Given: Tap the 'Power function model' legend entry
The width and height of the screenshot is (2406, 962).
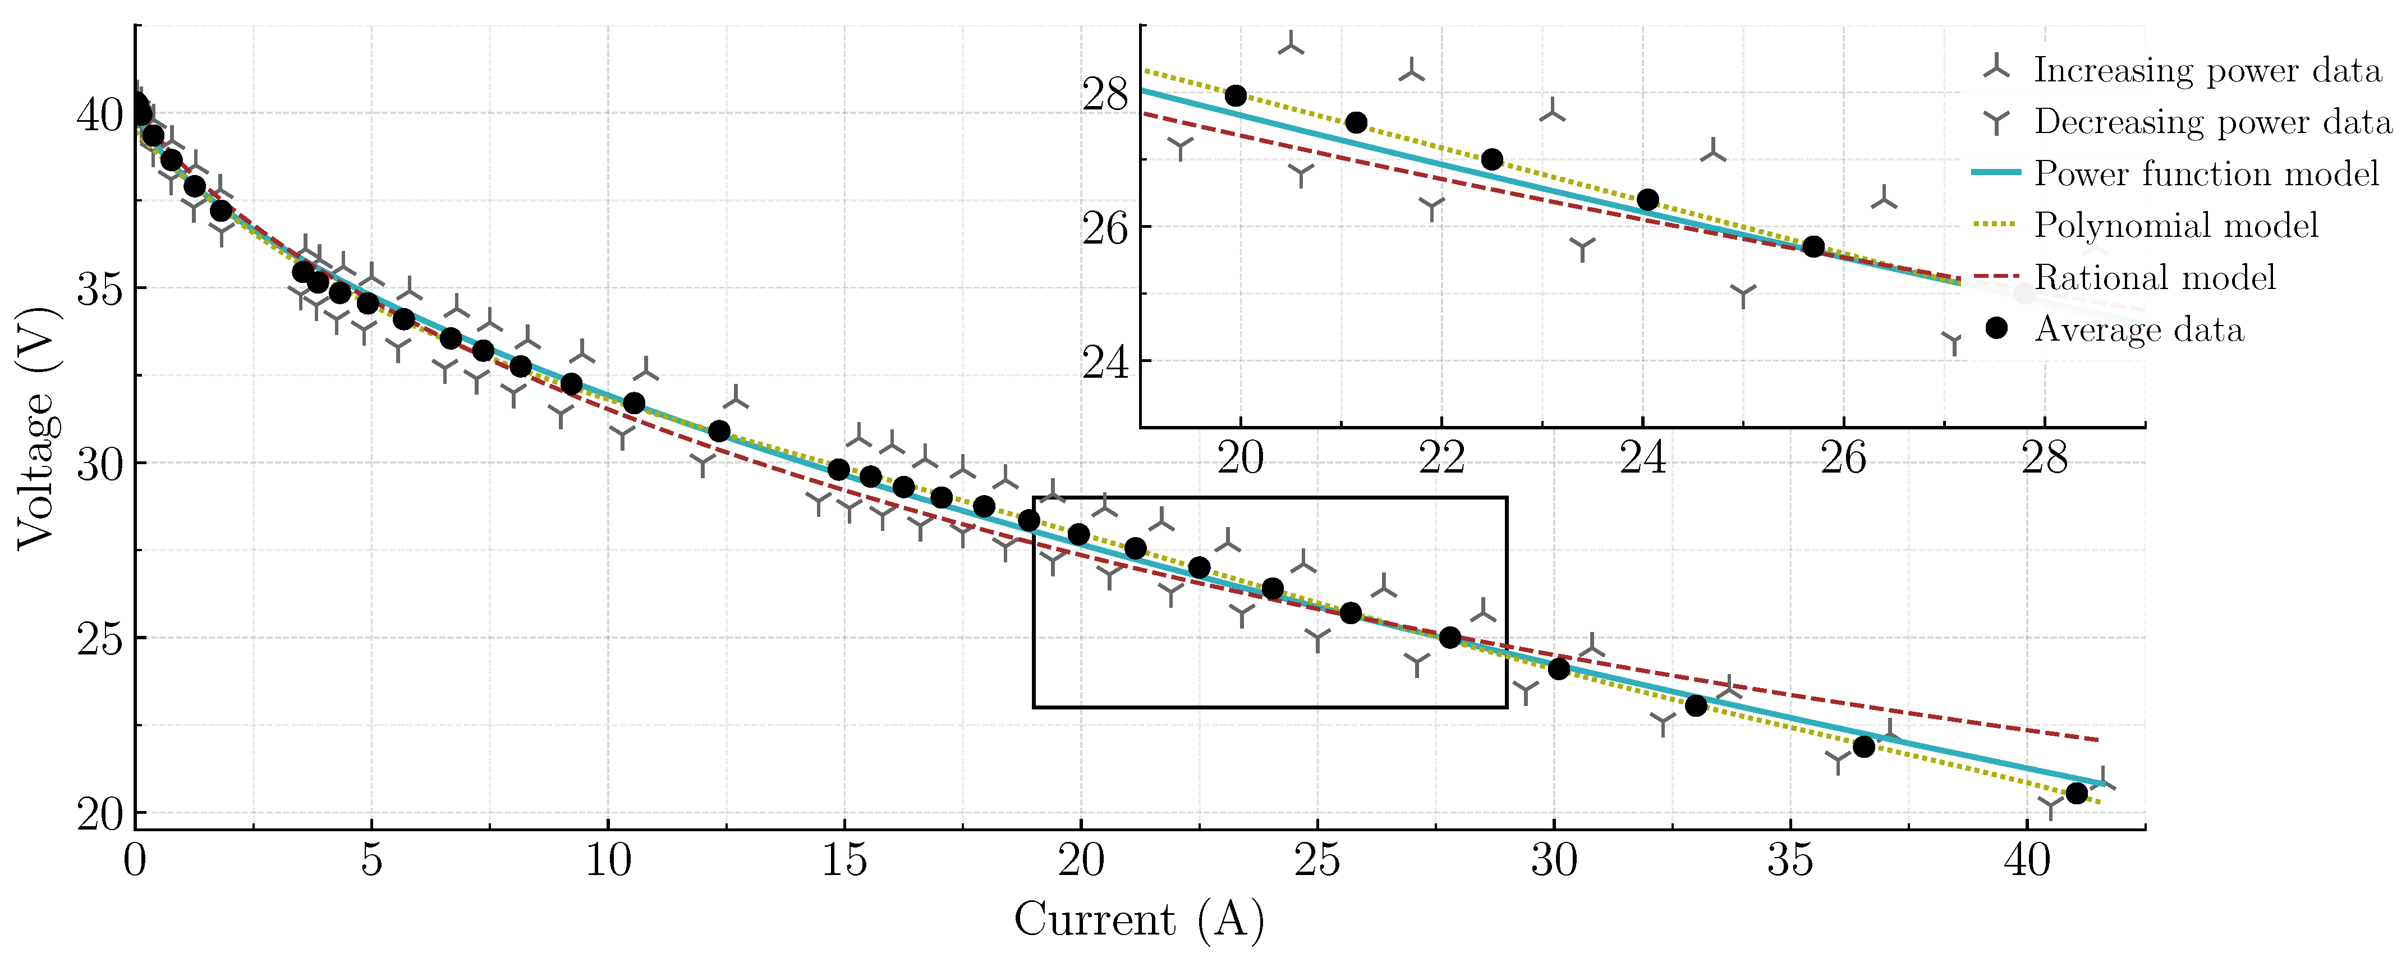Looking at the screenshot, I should pos(2206,174).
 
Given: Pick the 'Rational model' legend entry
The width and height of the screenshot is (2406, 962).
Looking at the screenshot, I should pos(2155,277).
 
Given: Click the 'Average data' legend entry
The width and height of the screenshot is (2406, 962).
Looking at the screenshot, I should pos(2139,329).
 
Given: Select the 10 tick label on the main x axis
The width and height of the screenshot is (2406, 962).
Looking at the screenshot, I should pos(608,859).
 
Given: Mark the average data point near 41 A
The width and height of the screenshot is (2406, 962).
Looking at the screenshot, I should pos(2076,793).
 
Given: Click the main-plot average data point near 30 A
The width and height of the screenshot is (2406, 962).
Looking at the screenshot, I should pos(1559,668).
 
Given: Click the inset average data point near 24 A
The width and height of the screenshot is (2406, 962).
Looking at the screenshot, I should pos(1647,200).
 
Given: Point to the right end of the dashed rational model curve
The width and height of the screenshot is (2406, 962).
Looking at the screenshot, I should pos(2099,740).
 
